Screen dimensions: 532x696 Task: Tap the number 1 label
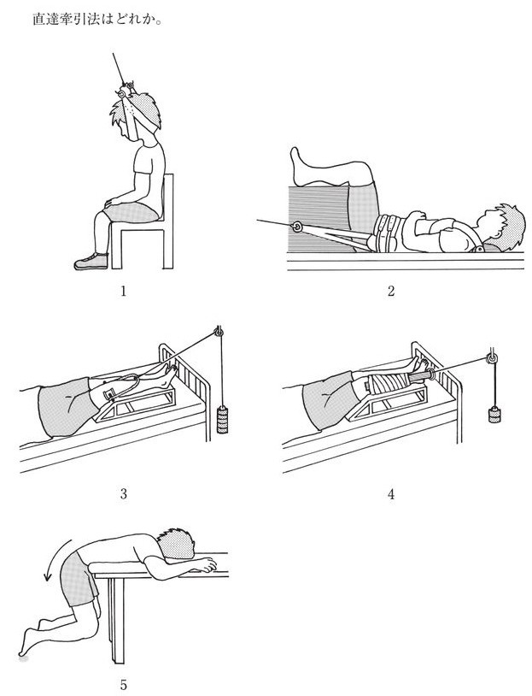click(123, 292)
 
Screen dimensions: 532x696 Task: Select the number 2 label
click(391, 292)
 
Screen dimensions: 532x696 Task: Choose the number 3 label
click(123, 493)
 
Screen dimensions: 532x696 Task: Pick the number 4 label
click(391, 493)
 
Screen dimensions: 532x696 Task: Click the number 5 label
click(123, 686)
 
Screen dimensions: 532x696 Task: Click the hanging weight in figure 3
click(222, 420)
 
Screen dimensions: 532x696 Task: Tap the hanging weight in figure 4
click(494, 415)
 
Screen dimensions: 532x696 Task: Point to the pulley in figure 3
click(219, 332)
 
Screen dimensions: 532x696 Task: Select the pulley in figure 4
click(491, 357)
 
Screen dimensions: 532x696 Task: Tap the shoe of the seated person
click(91, 262)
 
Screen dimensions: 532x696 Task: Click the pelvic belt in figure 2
click(389, 231)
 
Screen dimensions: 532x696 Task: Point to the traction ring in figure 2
click(296, 227)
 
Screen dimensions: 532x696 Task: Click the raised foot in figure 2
click(298, 167)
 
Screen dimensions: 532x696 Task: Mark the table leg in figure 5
click(115, 619)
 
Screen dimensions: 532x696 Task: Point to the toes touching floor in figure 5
click(22, 652)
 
